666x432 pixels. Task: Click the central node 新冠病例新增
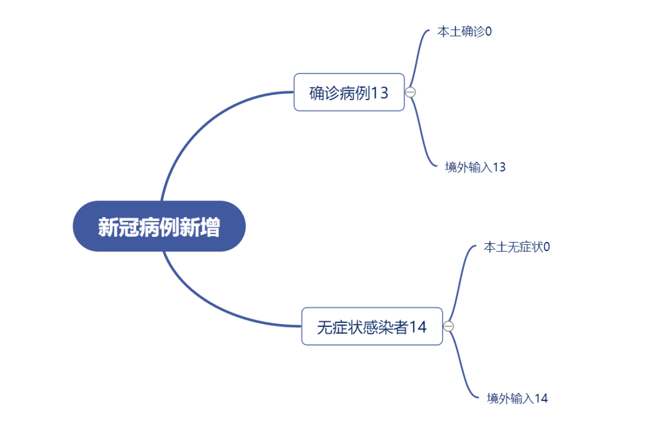[159, 226]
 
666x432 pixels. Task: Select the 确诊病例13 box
[349, 93]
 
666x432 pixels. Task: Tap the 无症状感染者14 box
[372, 326]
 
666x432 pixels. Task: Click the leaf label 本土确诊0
[465, 31]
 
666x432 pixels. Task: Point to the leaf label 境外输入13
[475, 167]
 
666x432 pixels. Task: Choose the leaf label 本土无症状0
[517, 247]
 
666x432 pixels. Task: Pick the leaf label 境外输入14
[517, 399]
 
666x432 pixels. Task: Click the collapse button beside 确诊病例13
[410, 92]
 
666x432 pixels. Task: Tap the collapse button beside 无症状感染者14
[448, 326]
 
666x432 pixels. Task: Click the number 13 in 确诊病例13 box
[380, 93]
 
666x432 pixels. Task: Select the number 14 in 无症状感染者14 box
[418, 327]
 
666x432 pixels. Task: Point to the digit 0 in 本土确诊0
[488, 31]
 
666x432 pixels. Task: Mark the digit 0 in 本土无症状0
[546, 247]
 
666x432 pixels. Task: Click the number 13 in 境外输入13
[499, 167]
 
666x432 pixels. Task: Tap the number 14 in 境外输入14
[541, 399]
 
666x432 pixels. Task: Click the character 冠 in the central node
[129, 226]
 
